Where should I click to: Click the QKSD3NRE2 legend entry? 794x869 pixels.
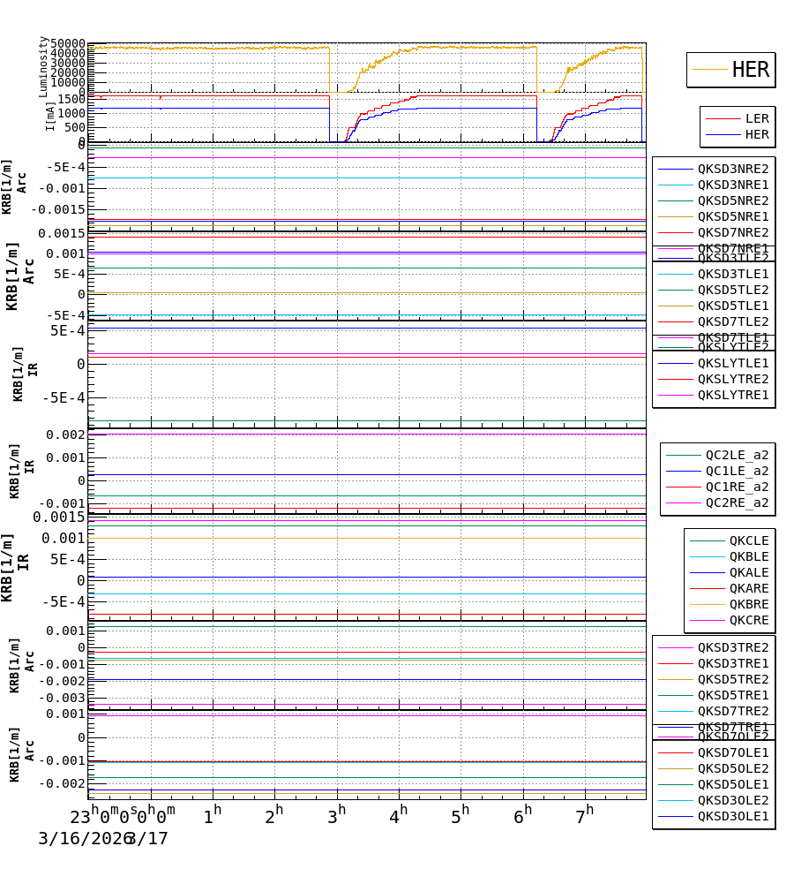tap(732, 169)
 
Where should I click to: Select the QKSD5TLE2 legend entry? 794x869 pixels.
tap(732, 290)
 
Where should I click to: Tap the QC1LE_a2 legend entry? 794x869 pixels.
tap(736, 471)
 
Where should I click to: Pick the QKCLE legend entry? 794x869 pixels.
tap(748, 540)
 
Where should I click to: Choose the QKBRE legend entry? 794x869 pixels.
tap(748, 604)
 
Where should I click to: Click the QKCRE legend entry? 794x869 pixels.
tap(748, 620)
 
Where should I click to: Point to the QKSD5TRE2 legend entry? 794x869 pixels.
tap(732, 679)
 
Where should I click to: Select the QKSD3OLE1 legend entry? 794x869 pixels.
tap(732, 816)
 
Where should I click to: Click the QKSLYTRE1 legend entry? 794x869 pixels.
tap(732, 395)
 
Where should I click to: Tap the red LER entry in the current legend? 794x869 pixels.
tap(756, 118)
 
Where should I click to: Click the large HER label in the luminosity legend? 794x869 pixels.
tap(750, 70)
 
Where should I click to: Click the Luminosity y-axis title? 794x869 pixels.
tap(43, 66)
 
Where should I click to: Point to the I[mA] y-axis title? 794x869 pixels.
tap(51, 116)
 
